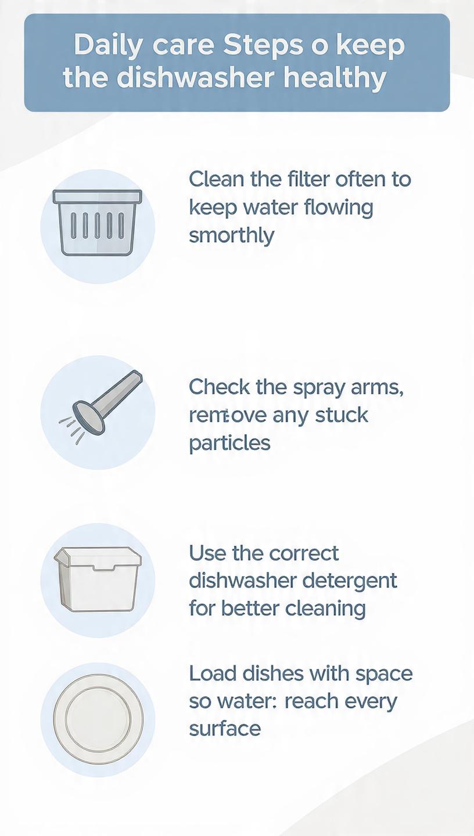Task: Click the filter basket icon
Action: [98, 223]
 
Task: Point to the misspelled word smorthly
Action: [232, 236]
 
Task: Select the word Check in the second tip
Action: [220, 387]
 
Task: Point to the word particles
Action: [229, 444]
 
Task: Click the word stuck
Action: [342, 415]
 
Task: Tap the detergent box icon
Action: [98, 579]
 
